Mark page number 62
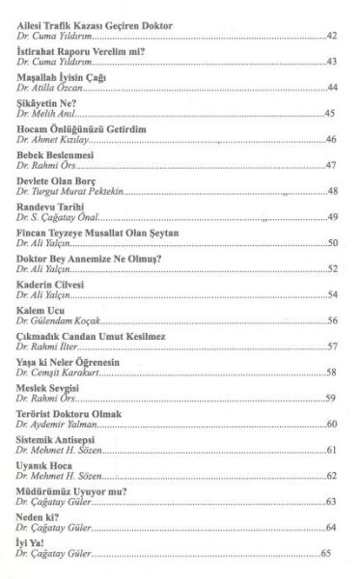coord(331,477)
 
